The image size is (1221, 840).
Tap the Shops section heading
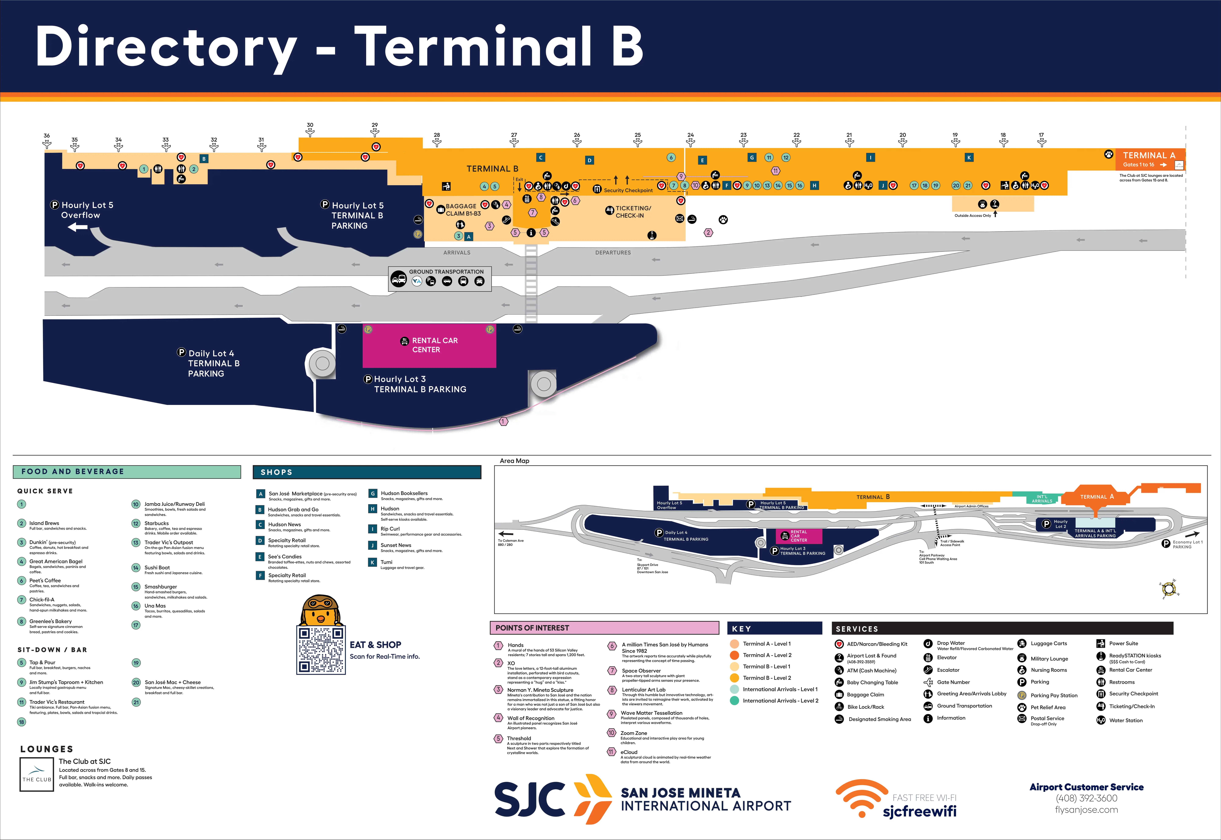pyautogui.click(x=277, y=472)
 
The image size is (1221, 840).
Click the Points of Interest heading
pyautogui.click(x=532, y=628)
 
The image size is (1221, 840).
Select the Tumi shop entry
pyautogui.click(x=387, y=562)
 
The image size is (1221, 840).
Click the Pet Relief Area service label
pyautogui.click(x=1048, y=707)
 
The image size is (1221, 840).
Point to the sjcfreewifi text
pyautogui.click(x=919, y=812)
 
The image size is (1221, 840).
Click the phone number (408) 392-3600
pyautogui.click(x=1086, y=798)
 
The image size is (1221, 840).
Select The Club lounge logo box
pyautogui.click(x=36, y=774)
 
